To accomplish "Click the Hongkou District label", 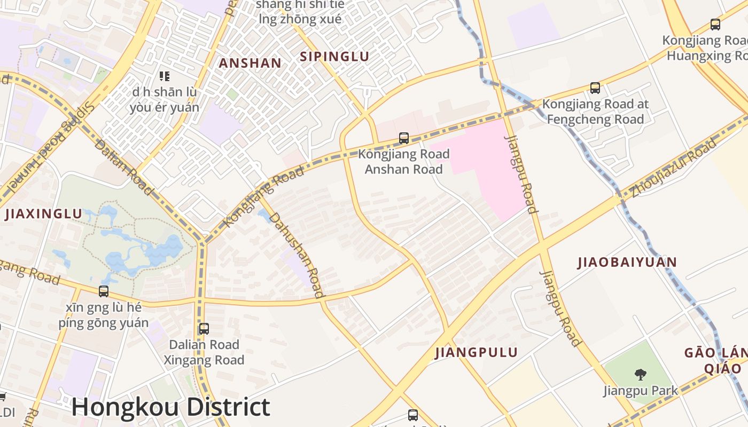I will pos(170,407).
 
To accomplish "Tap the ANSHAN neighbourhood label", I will pos(250,63).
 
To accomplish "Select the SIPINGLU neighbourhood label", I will pos(334,57).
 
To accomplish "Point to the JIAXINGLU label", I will pos(44,215).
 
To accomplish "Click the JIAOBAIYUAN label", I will pos(627,262).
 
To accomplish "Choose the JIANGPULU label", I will pos(476,352).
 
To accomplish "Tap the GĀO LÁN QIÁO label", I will pos(716,360).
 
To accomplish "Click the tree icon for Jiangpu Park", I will pos(640,374).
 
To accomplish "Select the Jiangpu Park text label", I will pos(640,391).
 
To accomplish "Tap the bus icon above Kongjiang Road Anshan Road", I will pos(404,138).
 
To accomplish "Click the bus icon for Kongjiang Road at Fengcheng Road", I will pos(595,88).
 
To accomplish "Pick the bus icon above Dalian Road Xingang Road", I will pos(204,329).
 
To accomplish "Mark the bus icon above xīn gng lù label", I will pos(104,291).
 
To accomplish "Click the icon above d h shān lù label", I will pos(164,76).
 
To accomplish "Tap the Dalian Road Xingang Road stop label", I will pos(204,352).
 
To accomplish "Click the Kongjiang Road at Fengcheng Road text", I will pos(595,111).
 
